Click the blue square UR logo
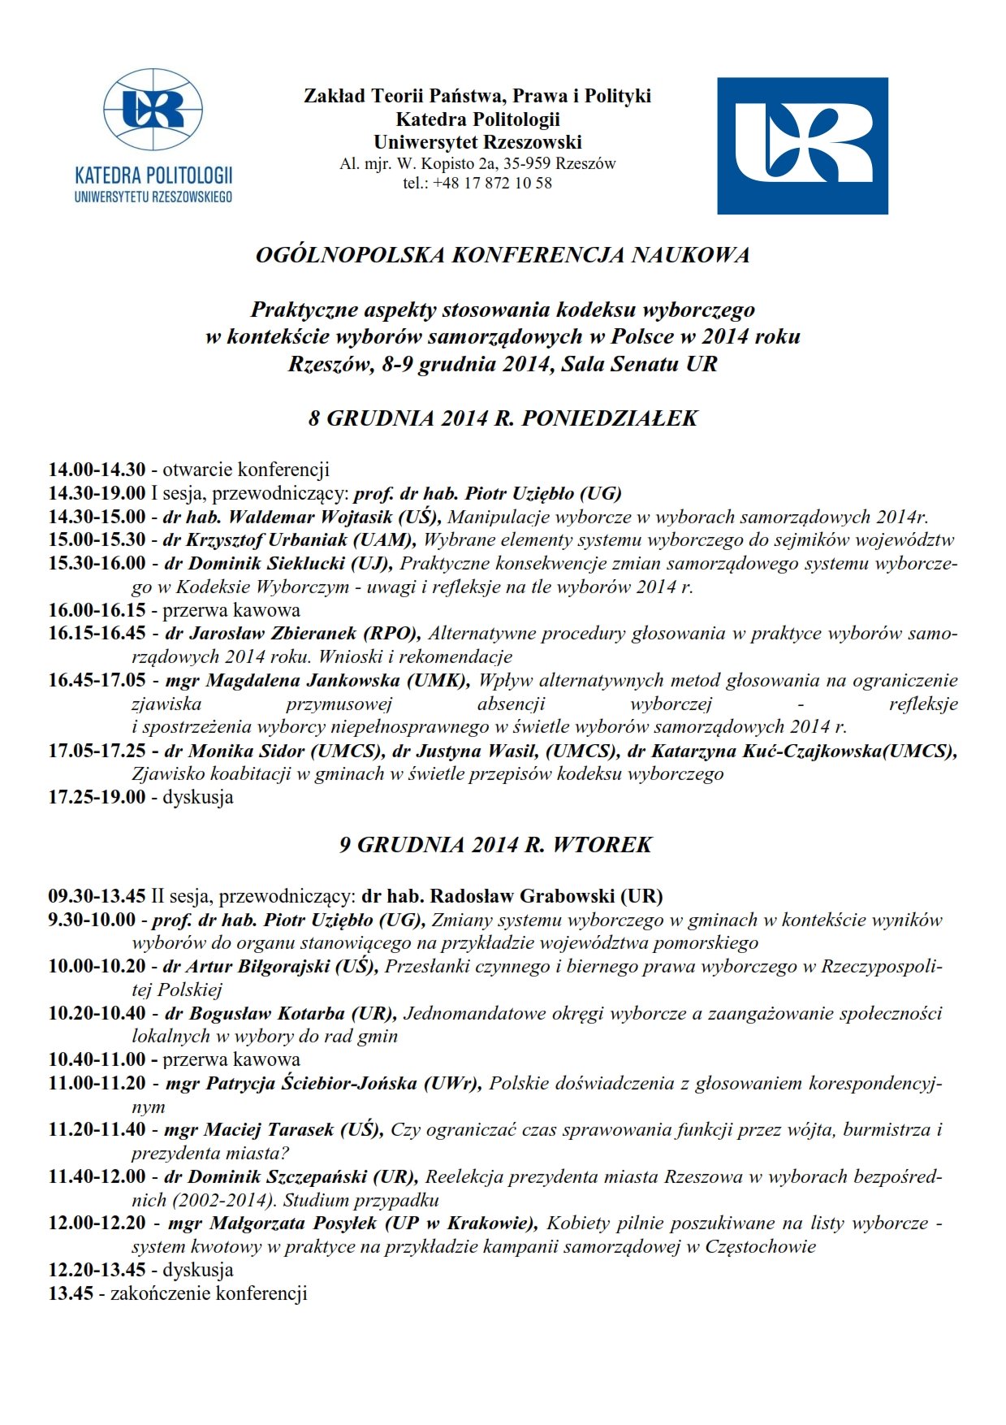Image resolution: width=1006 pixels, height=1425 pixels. [802, 146]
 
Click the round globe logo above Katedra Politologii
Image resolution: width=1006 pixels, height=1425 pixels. [153, 110]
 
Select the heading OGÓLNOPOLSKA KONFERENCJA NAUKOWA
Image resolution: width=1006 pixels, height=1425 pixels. [503, 255]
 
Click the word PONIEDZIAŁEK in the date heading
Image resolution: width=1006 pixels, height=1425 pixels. [609, 418]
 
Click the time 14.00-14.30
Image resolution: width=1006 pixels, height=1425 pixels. [97, 470]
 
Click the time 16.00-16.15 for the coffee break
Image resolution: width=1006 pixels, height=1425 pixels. [97, 610]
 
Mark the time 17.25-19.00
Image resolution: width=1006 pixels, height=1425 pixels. [97, 797]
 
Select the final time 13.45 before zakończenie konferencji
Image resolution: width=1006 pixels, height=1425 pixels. [71, 1294]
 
